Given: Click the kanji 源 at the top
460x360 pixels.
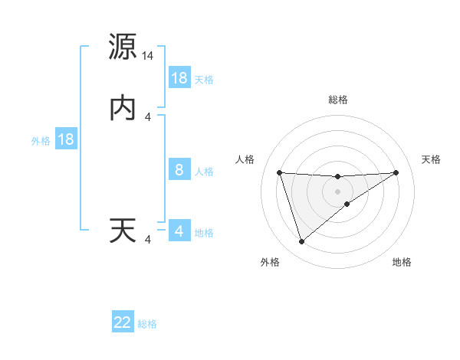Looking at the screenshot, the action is tap(123, 47).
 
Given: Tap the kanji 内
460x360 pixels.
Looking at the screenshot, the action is tap(123, 108).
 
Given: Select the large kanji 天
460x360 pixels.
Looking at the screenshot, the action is tap(123, 231).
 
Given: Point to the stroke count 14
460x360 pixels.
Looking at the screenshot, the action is tap(148, 56).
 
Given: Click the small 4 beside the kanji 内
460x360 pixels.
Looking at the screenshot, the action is tap(148, 117).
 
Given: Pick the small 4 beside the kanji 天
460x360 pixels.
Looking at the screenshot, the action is tap(148, 241).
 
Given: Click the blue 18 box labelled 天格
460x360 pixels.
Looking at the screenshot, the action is tap(179, 77).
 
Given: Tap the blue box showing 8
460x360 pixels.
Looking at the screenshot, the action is tap(179, 170).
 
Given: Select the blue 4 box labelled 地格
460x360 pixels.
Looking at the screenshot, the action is tap(179, 231).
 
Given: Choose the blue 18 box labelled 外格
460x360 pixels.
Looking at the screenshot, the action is tap(66, 139).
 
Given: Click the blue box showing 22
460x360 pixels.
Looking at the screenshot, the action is tap(123, 322).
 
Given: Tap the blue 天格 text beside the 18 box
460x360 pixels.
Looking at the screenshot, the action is tap(204, 79).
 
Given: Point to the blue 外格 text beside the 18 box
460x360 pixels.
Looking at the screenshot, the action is tap(41, 140).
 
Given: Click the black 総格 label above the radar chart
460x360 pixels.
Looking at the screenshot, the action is tap(338, 100).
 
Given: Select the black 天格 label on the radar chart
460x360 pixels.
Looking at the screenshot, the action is tap(432, 159).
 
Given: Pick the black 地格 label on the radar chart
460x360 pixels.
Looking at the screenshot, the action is tap(402, 262).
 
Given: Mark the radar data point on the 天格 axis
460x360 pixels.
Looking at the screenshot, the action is tap(396, 172).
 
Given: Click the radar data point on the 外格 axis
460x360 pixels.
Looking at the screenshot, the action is tap(301, 242).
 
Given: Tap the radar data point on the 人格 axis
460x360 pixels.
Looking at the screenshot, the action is tap(280, 172).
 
